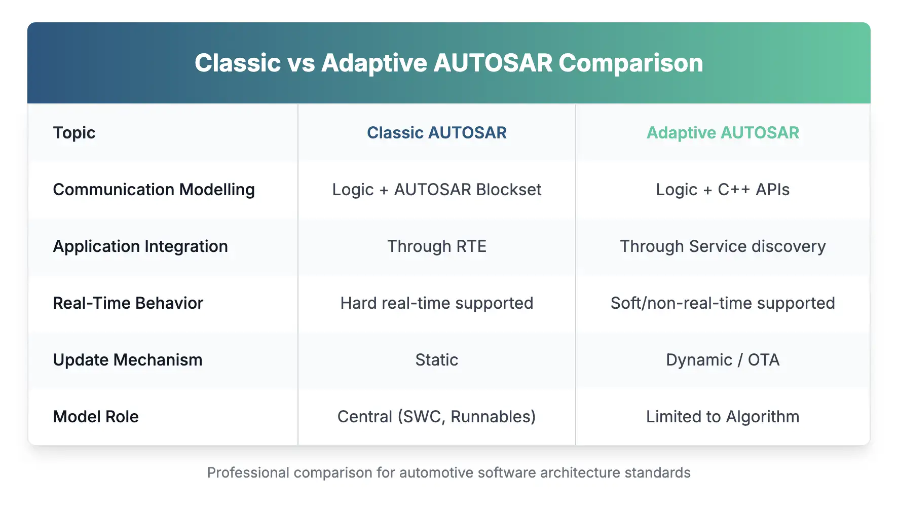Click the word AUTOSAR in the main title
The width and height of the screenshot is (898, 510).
(x=493, y=63)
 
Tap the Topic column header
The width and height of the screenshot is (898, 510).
(x=74, y=133)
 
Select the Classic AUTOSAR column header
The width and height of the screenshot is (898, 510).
(x=436, y=133)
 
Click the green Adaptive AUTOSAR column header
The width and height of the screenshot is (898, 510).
(x=722, y=133)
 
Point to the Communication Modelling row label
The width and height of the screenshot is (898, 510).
(x=154, y=190)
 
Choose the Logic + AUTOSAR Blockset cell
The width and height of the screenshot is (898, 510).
(x=436, y=190)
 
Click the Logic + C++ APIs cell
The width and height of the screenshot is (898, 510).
(x=722, y=190)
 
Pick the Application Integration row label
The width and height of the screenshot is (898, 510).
(x=140, y=246)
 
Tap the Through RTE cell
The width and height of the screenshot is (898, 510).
(x=436, y=246)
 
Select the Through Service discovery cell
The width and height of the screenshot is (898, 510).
(x=722, y=246)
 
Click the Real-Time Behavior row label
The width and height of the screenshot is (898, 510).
(x=128, y=303)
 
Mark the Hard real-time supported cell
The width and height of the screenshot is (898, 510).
(x=436, y=303)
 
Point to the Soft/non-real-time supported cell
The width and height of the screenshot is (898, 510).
(x=722, y=303)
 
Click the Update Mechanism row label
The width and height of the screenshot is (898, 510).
(x=127, y=360)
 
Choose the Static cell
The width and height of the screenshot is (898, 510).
(x=436, y=360)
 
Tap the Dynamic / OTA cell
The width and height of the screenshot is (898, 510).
(x=722, y=360)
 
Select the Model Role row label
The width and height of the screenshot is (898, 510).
(x=96, y=417)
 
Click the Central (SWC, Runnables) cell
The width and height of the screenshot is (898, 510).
(x=436, y=417)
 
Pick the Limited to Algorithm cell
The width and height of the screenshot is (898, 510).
(x=722, y=417)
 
